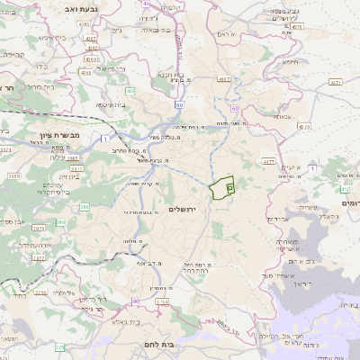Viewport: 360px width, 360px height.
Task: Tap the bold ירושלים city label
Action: (x=188, y=209)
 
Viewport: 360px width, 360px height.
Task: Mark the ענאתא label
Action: (x=283, y=117)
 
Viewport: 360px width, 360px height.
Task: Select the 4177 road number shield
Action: (x=268, y=162)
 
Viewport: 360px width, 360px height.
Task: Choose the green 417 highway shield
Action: (x=345, y=190)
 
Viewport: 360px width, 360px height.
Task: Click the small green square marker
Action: (x=229, y=188)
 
